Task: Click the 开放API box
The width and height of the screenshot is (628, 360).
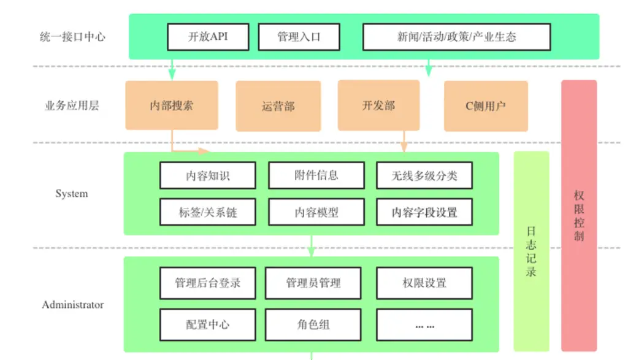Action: [209, 37]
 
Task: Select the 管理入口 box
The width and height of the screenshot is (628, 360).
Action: [299, 37]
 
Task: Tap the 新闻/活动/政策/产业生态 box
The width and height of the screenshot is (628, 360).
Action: [456, 37]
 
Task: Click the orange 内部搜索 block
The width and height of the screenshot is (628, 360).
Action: [172, 105]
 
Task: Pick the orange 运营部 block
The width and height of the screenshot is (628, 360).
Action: [278, 106]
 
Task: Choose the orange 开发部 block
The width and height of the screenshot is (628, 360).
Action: [378, 105]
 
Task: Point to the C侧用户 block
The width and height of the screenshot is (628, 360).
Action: [486, 106]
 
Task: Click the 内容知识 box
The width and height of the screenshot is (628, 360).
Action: [208, 175]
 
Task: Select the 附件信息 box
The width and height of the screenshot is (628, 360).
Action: [316, 175]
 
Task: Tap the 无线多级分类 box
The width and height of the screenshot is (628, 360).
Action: [424, 175]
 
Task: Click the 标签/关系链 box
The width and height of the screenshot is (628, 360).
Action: [208, 212]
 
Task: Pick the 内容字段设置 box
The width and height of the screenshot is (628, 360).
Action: [424, 212]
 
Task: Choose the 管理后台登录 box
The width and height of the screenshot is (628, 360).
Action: [208, 283]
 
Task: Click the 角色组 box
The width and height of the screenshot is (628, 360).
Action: [313, 325]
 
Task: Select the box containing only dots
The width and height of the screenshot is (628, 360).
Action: [424, 325]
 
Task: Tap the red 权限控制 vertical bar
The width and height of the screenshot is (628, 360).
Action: [579, 216]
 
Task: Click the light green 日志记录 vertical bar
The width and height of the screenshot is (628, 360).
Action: [532, 251]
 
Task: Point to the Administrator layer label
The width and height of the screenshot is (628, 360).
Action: [73, 305]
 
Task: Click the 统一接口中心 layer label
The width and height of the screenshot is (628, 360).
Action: [72, 37]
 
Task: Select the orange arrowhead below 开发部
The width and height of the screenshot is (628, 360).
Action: [404, 147]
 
